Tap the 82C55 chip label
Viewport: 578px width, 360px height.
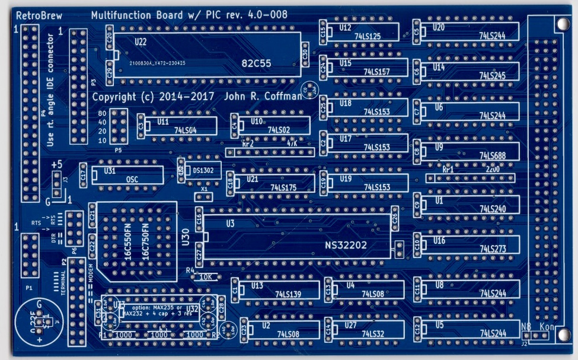256,62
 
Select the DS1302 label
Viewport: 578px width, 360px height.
203,170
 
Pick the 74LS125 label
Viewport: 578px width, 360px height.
367,36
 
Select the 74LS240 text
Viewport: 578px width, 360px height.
492,209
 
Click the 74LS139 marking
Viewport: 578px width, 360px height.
289,293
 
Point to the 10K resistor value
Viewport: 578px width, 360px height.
206,276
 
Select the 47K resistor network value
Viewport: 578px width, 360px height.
292,144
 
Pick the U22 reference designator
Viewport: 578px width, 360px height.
141,42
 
